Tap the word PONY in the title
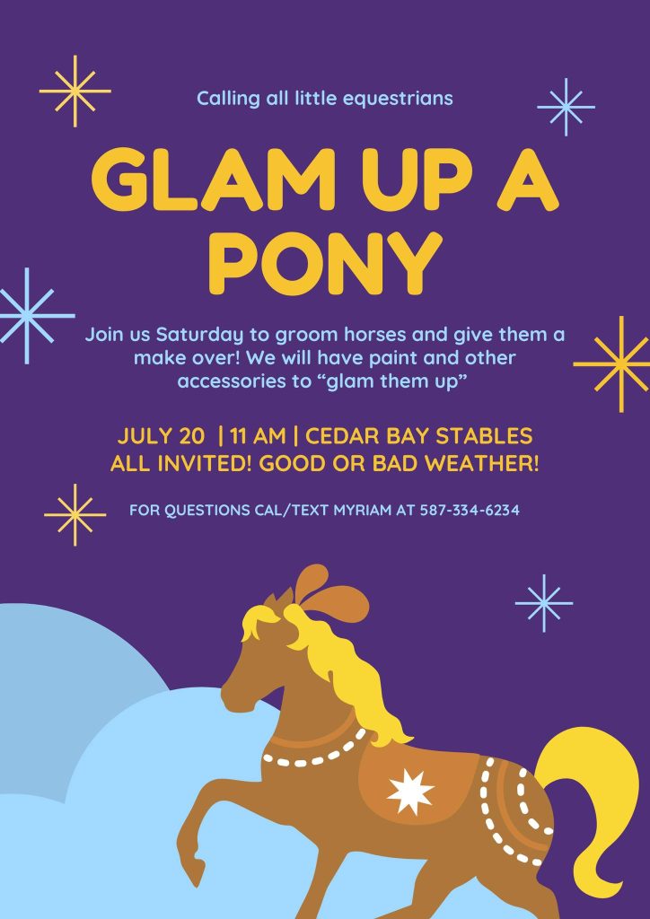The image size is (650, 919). click(325, 263)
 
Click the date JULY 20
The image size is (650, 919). click(162, 436)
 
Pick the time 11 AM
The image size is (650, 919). click(259, 436)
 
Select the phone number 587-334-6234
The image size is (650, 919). click(470, 511)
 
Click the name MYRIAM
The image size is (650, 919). click(362, 511)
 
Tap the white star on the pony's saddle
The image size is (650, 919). click(411, 792)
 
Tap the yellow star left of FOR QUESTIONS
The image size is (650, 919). click(75, 514)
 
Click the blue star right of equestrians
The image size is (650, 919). click(567, 108)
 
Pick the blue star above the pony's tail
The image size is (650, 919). click(544, 603)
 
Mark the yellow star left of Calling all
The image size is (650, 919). click(75, 91)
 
